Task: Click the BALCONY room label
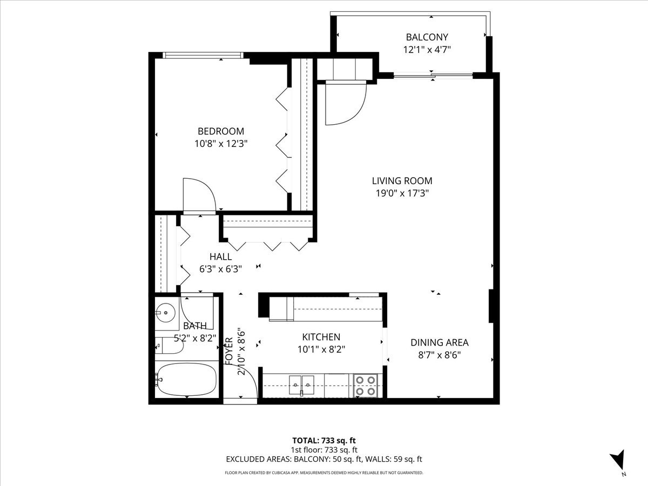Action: coord(427,37)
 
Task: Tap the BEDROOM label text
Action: coord(220,131)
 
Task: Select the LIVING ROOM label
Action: coord(402,181)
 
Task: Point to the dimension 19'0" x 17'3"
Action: coord(402,193)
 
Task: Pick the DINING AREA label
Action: coord(439,342)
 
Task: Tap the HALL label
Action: coord(220,256)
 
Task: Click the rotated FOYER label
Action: coord(230,351)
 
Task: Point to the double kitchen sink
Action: coord(301,384)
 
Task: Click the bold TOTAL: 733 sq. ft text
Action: coord(324,441)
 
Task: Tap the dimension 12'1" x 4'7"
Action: coord(427,50)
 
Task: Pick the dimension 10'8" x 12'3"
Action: coord(220,144)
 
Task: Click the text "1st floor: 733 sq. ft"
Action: coord(324,450)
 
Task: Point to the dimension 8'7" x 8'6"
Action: coord(439,355)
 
